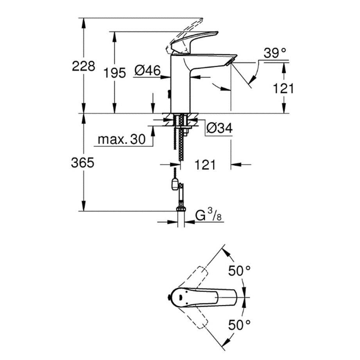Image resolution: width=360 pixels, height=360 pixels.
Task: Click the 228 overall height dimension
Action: click(83, 66)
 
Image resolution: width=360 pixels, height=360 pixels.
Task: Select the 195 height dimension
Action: click(115, 73)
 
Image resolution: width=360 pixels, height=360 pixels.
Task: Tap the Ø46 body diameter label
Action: click(147, 71)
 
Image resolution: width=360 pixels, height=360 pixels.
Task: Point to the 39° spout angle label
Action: click(274, 53)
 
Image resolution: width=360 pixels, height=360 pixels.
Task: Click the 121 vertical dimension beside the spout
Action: click(283, 89)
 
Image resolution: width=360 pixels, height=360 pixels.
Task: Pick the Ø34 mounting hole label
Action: click(219, 128)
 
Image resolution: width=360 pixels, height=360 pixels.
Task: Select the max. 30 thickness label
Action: click(121, 139)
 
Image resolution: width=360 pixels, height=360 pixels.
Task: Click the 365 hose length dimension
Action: click(82, 163)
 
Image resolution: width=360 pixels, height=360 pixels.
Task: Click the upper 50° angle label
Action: click(239, 270)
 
